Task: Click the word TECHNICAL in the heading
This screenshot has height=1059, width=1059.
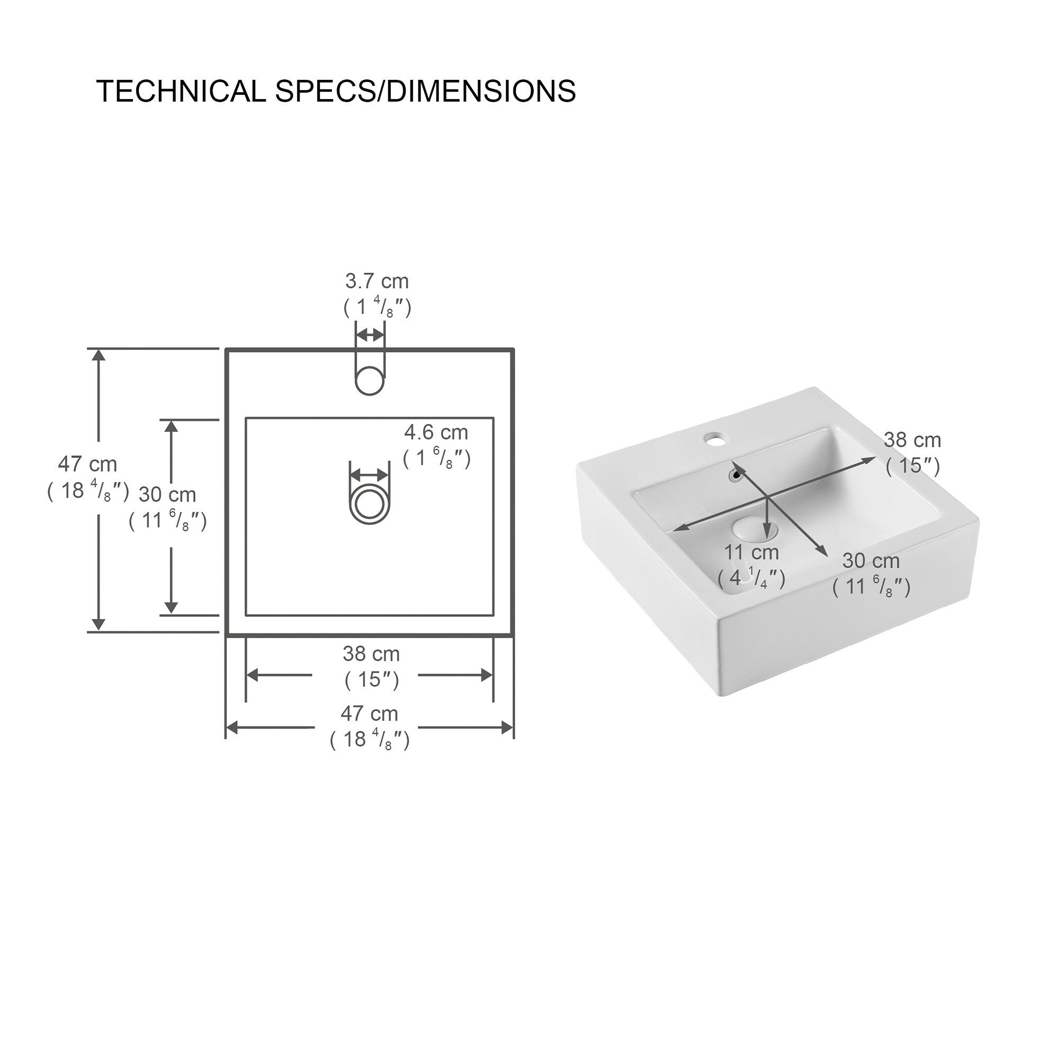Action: [182, 92]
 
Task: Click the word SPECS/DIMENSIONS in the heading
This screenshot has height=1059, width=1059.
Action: [425, 92]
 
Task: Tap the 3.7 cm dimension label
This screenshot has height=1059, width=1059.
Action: [377, 282]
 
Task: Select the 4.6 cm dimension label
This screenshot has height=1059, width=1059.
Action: [436, 433]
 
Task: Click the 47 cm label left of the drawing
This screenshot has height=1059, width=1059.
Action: [88, 465]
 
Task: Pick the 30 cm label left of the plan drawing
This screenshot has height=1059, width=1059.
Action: [167, 495]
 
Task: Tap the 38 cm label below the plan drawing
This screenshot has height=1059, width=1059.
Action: [371, 654]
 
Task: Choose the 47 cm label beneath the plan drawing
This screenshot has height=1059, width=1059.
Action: [370, 714]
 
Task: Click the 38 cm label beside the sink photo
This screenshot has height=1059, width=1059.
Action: [912, 440]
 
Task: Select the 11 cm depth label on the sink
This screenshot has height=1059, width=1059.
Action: [751, 552]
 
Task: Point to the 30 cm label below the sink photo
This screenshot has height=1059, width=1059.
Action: [871, 561]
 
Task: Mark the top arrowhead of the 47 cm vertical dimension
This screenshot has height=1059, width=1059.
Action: [98, 355]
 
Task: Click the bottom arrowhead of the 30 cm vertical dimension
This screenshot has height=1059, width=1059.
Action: [172, 607]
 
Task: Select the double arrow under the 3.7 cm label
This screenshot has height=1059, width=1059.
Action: [370, 335]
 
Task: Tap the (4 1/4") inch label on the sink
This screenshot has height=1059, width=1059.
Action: [751, 578]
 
